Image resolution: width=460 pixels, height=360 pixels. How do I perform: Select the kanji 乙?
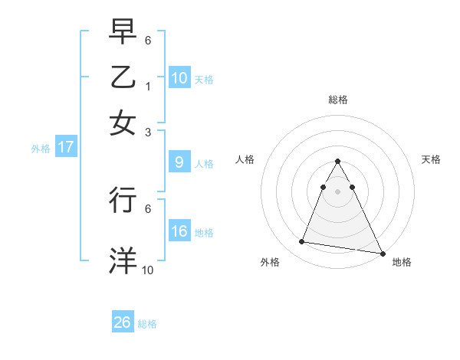[x=123, y=77]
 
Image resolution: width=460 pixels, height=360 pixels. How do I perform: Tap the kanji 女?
[x=123, y=122]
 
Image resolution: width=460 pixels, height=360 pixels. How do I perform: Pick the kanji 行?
[x=123, y=199]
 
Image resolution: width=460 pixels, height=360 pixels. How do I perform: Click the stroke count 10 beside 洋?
[x=148, y=270]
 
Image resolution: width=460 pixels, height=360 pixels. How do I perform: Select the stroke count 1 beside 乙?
[x=148, y=85]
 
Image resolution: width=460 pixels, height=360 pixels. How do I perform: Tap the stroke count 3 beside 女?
[x=148, y=131]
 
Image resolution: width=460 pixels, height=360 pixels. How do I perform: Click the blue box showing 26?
[x=123, y=323]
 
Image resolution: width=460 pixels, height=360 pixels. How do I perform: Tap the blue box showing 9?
[x=179, y=162]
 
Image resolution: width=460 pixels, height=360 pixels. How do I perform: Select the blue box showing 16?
[x=179, y=231]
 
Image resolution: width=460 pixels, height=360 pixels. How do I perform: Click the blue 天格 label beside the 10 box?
[x=203, y=79]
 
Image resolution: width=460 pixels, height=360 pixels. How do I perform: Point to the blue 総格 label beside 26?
[x=147, y=324]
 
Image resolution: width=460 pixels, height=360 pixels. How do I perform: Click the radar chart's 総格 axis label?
[x=338, y=100]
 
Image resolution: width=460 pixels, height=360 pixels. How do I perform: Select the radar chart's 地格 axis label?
[x=402, y=263]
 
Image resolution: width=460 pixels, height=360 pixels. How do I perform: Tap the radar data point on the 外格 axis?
[x=302, y=242]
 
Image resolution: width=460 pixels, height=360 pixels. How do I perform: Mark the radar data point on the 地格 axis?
[x=381, y=253]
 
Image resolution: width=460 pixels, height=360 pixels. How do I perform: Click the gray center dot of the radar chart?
[x=338, y=191]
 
